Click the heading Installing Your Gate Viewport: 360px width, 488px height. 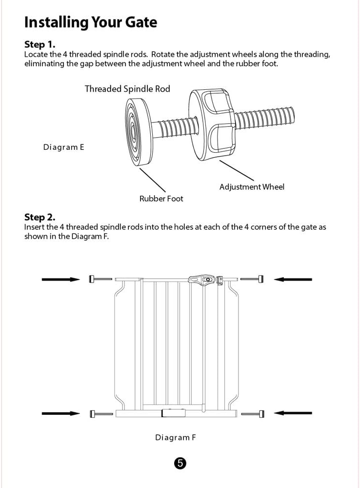pos(90,22)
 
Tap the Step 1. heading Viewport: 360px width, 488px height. pos(40,45)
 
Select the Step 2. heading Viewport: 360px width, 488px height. pos(40,217)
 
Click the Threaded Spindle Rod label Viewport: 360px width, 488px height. pos(127,89)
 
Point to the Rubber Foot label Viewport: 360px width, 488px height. pos(161,199)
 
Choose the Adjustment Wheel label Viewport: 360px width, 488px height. pos(252,187)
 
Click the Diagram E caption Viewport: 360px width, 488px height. pos(63,147)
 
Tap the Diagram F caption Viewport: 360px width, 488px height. pos(176,437)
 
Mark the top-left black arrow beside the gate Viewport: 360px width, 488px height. pos(61,279)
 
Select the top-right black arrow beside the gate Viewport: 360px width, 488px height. pos(292,279)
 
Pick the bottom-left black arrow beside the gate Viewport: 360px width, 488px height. pos(61,413)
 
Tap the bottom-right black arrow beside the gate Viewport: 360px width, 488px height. pos(292,413)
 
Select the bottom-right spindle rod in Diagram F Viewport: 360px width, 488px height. pos(253,414)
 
